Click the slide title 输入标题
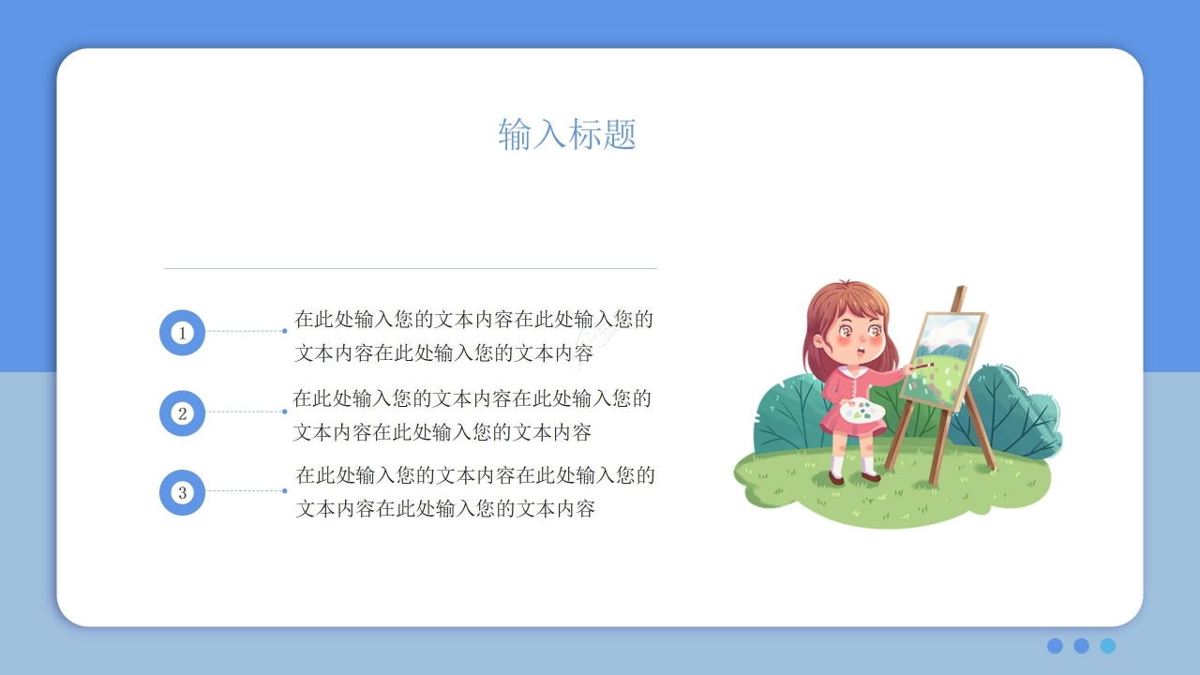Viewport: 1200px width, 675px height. [x=567, y=135]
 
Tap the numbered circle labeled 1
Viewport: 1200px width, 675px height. [x=182, y=333]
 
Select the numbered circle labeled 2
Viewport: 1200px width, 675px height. [x=182, y=413]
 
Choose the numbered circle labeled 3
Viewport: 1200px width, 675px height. [x=182, y=492]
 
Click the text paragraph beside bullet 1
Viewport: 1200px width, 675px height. [x=473, y=337]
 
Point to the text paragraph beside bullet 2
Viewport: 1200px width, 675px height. [x=472, y=415]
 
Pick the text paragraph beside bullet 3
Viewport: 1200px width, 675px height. [x=475, y=492]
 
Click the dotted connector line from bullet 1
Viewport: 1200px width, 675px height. [x=245, y=331]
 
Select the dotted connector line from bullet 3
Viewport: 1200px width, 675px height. [x=245, y=490]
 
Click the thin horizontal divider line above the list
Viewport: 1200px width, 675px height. [x=410, y=268]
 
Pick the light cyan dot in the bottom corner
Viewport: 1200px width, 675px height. [x=1108, y=646]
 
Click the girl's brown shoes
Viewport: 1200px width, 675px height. [x=853, y=477]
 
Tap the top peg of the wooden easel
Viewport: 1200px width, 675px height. [x=959, y=298]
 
